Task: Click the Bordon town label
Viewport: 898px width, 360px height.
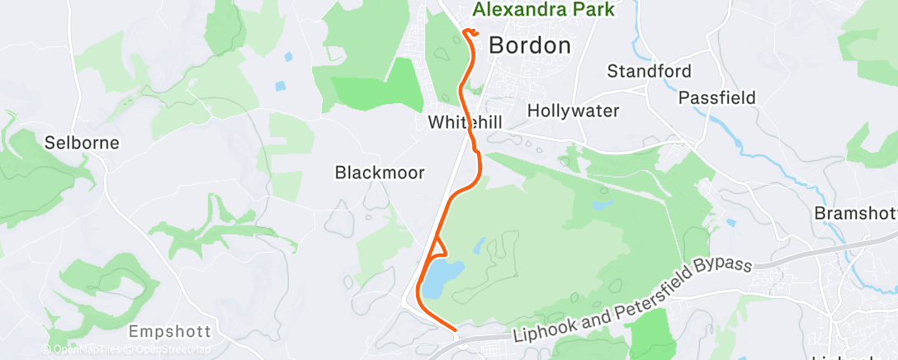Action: coord(529,46)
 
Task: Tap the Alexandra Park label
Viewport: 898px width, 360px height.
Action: coord(555,10)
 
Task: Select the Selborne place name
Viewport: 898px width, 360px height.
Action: coord(83,143)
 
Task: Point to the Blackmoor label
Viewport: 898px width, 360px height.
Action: coord(380,173)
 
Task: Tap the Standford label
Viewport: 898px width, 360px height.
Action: coord(649,71)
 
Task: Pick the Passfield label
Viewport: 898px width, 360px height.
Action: coord(716,97)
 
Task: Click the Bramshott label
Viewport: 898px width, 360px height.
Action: coord(855,213)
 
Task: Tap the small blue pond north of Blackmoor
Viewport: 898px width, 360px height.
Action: coord(281,86)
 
